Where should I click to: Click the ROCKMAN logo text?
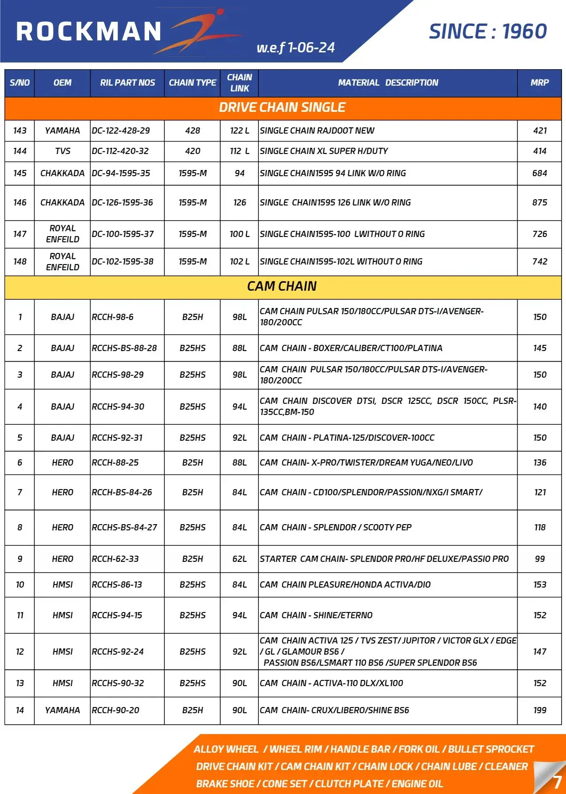89,32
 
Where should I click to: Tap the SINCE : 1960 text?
487,32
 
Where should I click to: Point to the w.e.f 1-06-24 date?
296,47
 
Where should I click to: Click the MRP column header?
539,83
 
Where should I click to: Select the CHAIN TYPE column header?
192,83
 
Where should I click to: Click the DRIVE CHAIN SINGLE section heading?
282,107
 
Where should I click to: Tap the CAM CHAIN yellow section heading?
282,286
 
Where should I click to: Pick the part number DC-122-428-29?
121,130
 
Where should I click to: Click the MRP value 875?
539,202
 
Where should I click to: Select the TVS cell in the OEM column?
63,151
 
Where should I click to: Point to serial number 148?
20,261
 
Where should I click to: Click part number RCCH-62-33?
115,559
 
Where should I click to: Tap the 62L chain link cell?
239,559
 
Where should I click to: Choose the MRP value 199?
539,710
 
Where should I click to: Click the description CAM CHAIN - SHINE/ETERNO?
316,615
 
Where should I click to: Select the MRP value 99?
539,559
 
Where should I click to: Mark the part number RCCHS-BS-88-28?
124,348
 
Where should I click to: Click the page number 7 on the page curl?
557,782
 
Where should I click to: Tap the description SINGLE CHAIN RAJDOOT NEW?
317,130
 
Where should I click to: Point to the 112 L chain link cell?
239,151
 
